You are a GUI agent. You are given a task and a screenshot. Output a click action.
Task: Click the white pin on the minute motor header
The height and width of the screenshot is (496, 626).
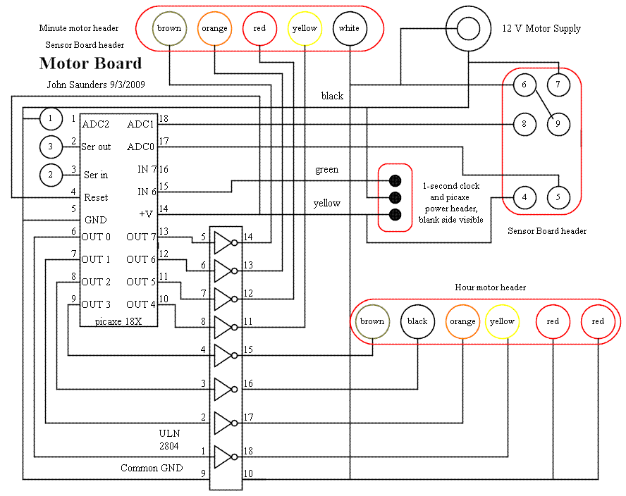[350, 29]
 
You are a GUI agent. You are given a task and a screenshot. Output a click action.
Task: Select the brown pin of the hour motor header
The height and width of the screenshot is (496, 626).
[372, 322]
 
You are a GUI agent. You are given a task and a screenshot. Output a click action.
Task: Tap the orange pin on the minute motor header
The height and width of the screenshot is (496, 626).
[214, 29]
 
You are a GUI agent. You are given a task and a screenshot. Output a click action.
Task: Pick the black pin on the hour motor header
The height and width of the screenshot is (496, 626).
[417, 322]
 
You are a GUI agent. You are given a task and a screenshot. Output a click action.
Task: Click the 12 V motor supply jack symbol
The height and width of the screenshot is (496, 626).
[467, 29]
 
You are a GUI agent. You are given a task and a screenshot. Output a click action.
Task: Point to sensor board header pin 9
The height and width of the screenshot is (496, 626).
[558, 124]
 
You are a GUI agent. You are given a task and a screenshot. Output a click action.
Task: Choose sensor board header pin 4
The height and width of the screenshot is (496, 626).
[524, 197]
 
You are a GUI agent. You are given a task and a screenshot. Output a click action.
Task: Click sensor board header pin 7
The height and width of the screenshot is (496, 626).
[558, 85]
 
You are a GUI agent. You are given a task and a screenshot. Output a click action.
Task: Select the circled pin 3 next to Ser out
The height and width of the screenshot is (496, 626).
[51, 147]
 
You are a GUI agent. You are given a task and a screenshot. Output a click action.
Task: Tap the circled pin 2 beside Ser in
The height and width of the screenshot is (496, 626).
[51, 174]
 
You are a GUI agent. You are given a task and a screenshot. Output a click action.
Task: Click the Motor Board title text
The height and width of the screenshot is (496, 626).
[90, 63]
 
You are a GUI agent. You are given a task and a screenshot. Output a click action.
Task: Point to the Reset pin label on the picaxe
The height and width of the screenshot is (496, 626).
[96, 198]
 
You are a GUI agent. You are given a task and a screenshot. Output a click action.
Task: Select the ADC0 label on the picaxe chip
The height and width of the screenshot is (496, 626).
[140, 147]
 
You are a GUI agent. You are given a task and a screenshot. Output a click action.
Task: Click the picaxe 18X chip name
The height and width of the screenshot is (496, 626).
[118, 321]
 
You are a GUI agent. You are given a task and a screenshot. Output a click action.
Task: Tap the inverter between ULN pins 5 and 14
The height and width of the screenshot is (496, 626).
[223, 243]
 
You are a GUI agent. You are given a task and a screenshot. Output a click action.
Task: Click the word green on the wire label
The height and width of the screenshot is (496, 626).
[326, 170]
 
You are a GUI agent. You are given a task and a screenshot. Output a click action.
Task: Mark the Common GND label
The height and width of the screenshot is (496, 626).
[151, 469]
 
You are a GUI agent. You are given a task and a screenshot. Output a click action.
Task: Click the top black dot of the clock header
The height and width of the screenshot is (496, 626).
[395, 180]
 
